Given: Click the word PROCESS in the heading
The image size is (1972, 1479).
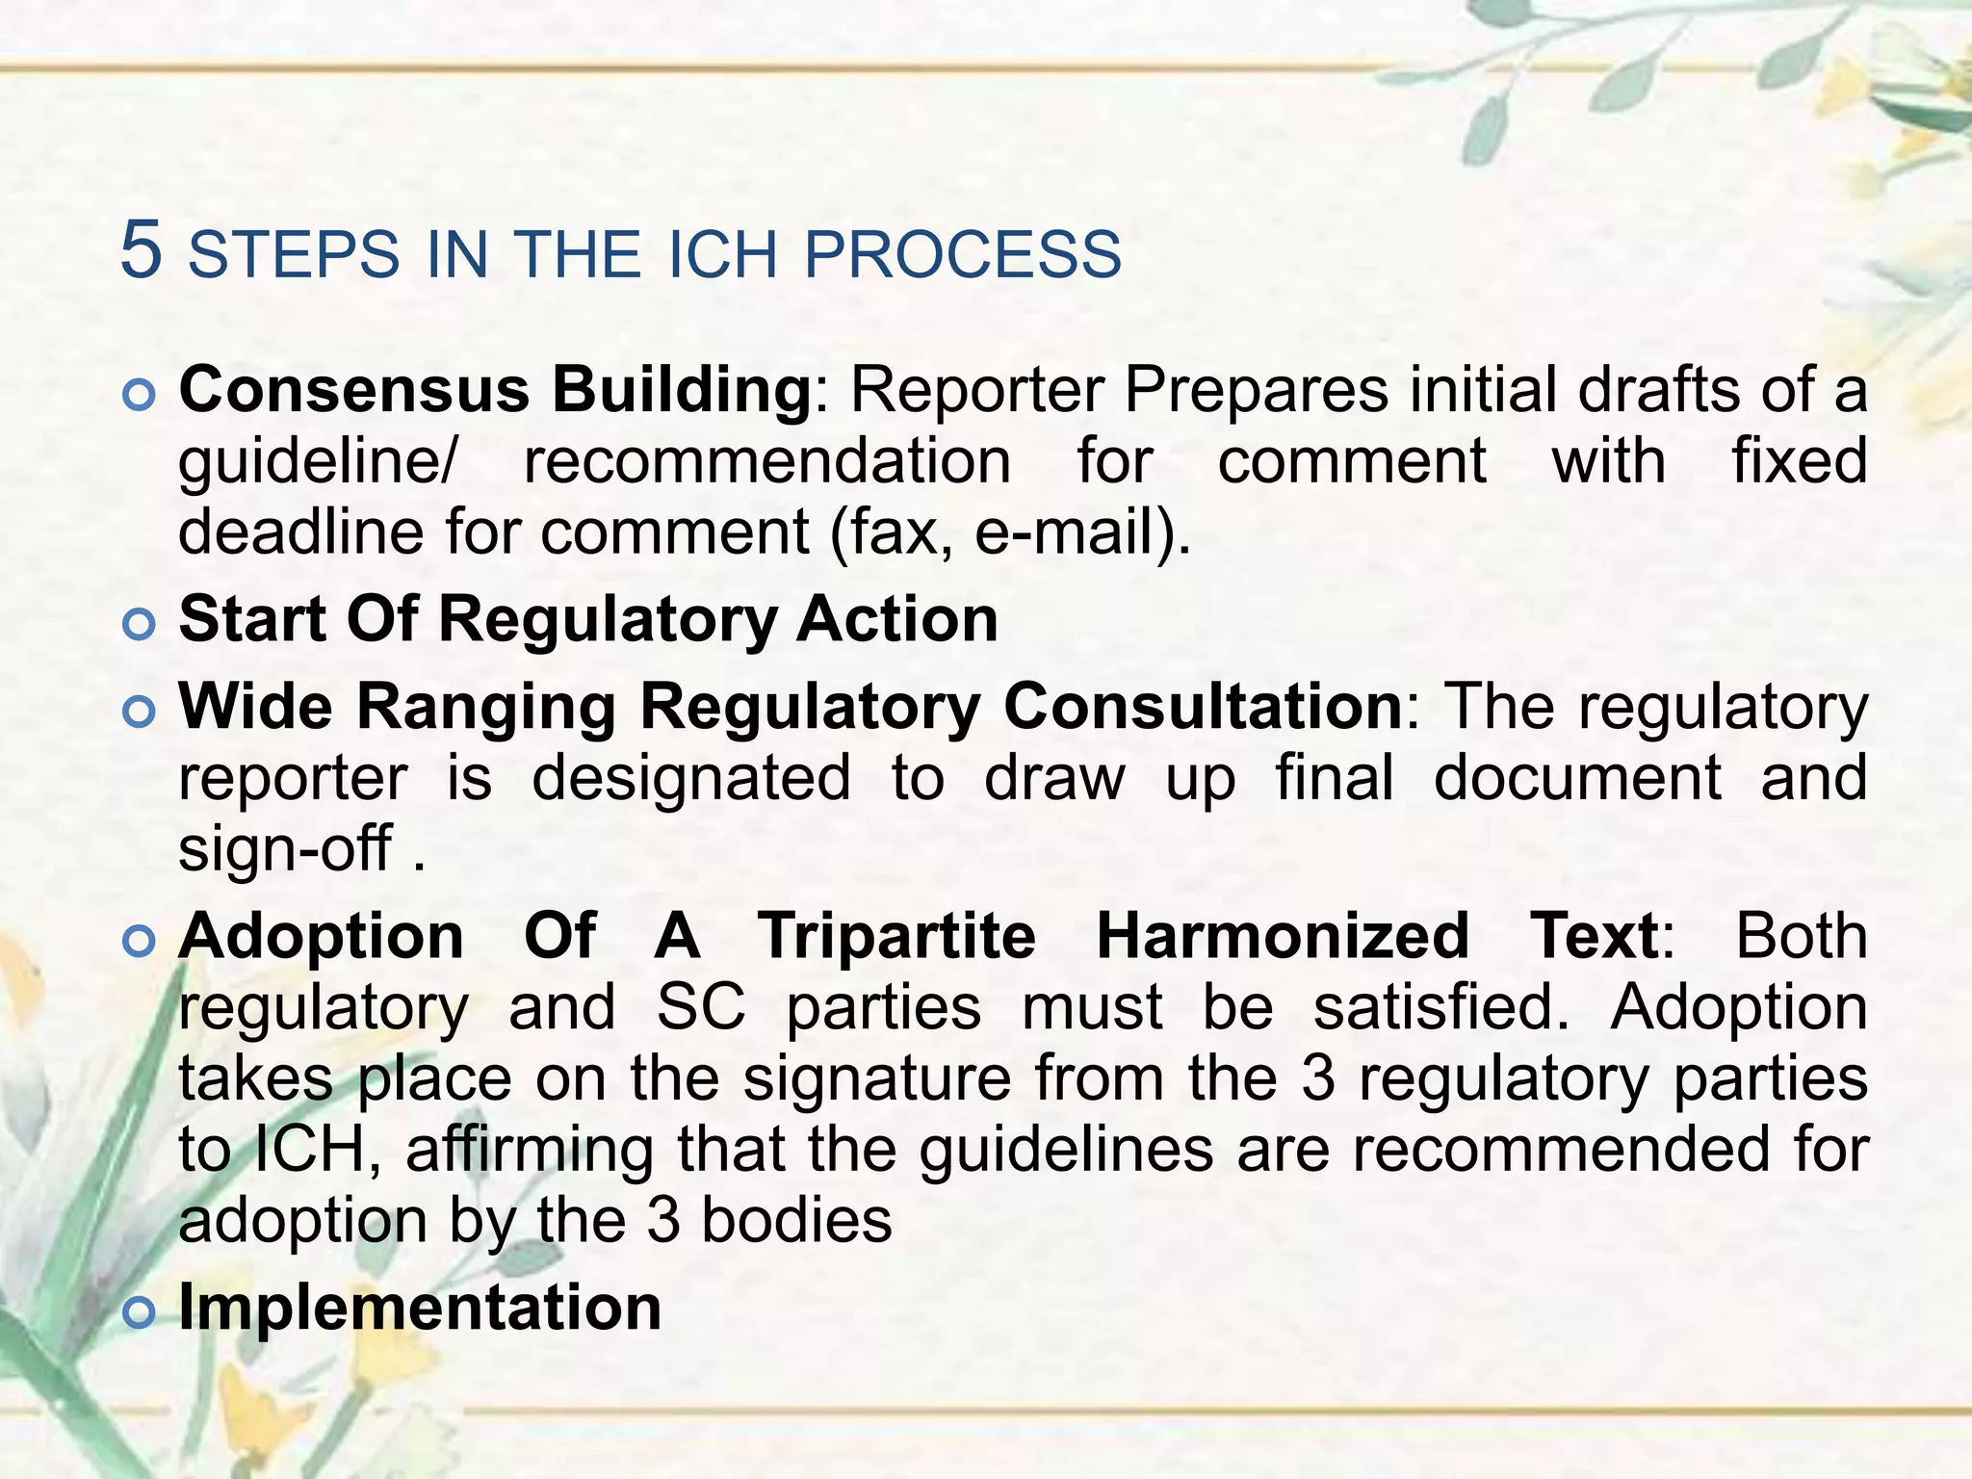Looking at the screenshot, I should tap(962, 255).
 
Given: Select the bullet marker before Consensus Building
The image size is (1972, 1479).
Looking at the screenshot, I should tap(140, 396).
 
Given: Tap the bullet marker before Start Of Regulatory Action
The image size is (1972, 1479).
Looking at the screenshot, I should tap(140, 624).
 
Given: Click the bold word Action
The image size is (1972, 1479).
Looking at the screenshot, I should tap(896, 618).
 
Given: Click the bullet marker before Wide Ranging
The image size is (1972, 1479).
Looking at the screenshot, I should tap(140, 712).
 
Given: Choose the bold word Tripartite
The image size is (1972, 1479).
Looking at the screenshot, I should tap(896, 935).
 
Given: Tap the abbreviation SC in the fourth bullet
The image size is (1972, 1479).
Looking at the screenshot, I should tap(700, 1007).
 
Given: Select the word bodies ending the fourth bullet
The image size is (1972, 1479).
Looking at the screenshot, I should tap(796, 1221).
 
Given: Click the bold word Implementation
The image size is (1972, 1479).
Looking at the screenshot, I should tap(420, 1307).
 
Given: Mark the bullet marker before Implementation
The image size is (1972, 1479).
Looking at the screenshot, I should tap(140, 1312).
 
